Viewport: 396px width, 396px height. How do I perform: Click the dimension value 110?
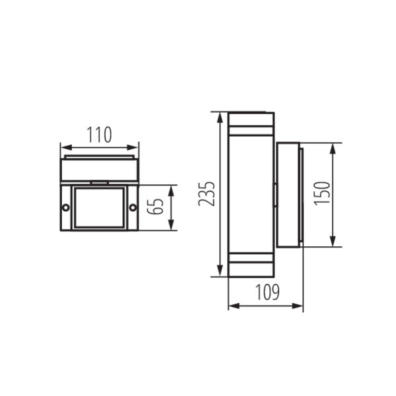tap(99, 135)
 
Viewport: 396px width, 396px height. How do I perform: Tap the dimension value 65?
tap(155, 208)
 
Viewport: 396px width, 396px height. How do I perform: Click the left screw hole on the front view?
tap(65, 208)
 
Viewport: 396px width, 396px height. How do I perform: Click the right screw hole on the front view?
tap(133, 208)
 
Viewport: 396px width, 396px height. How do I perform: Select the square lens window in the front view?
tap(99, 208)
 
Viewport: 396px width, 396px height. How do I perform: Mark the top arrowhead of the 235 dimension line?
tap(218, 116)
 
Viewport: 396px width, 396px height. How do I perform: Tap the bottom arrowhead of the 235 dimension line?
tap(218, 273)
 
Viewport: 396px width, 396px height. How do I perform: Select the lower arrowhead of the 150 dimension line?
tap(332, 244)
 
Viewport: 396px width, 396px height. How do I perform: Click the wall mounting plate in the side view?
tap(289, 195)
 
